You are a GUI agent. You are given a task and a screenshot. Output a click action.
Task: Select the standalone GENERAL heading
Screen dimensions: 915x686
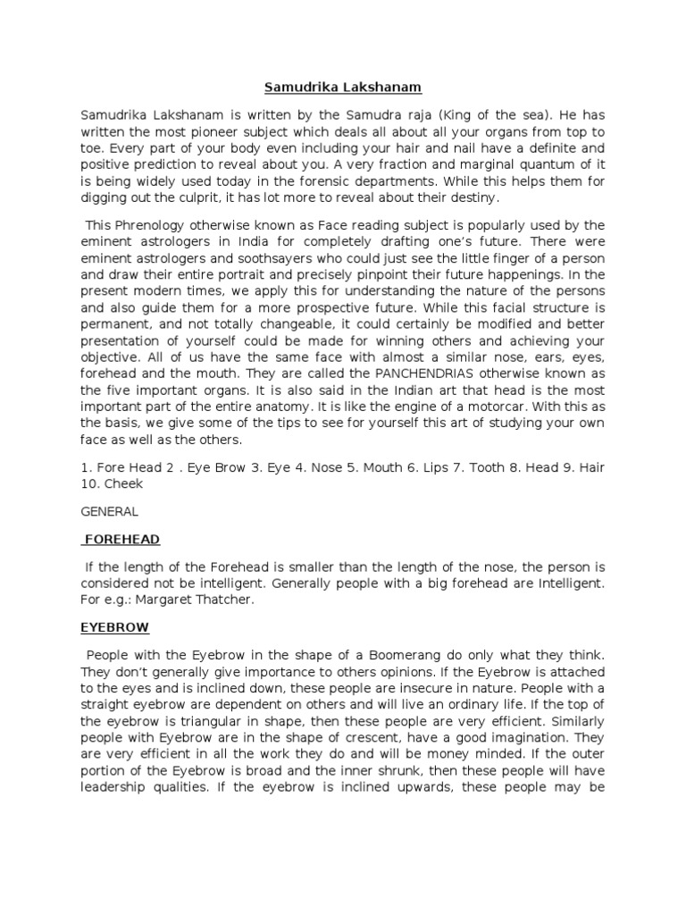(110, 512)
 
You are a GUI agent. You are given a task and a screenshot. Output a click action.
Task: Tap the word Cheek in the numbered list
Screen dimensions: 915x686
(125, 483)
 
